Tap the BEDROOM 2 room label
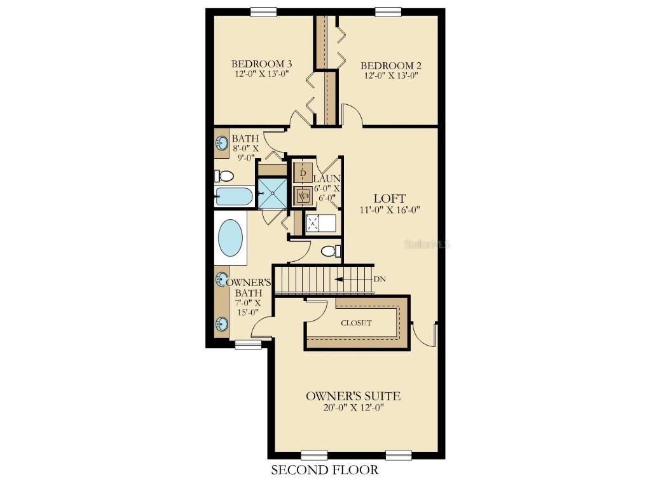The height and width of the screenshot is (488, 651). pos(391,65)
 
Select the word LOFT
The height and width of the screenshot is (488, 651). pos(390,198)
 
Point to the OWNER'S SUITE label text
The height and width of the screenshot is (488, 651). pos(353,396)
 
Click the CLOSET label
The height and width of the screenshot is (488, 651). pos(356,323)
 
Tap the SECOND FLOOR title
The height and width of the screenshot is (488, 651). pos(325,470)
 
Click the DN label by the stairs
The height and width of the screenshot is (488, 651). pos(380,278)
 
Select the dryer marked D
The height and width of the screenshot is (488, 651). pos(303,173)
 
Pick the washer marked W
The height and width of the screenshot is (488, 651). pos(303,196)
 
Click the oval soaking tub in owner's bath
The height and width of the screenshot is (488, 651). pos(230,237)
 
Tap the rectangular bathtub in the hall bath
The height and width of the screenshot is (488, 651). pos(233,196)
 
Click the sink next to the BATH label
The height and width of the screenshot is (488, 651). pos(223,143)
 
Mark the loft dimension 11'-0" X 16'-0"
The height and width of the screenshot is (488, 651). pos(390,209)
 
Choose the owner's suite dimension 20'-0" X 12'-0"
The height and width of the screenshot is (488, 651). pos(353,407)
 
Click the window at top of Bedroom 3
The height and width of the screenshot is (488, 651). pos(264,11)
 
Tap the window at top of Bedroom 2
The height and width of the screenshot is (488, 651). pos(388,11)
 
